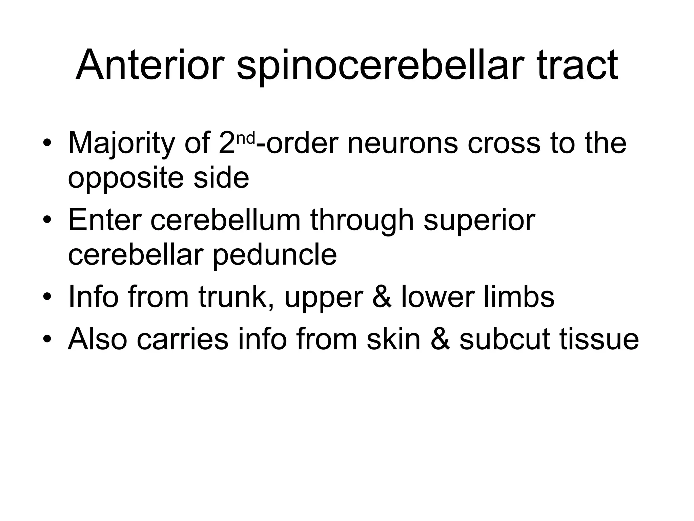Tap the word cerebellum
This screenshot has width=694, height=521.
tap(225, 220)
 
